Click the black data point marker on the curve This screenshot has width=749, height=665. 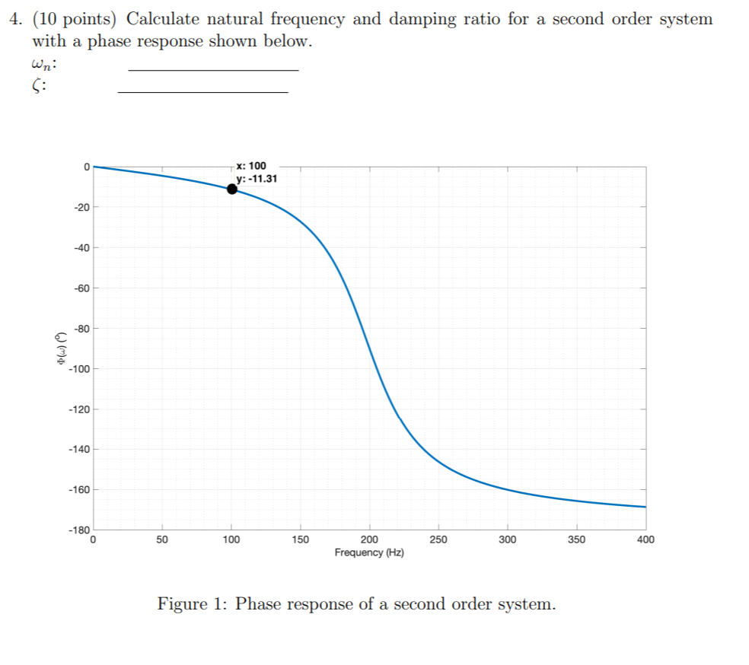click(231, 189)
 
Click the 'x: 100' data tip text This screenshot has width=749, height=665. click(251, 165)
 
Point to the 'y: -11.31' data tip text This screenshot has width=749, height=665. click(257, 179)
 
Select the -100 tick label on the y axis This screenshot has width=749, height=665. click(78, 369)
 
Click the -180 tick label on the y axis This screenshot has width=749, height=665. click(78, 529)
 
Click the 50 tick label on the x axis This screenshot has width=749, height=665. click(162, 540)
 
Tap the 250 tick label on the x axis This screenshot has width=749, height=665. click(438, 540)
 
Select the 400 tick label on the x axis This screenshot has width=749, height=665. click(645, 540)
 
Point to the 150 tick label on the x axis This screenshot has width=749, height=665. click(300, 540)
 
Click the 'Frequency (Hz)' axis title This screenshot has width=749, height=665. click(369, 552)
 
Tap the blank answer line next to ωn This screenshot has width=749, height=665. click(214, 70)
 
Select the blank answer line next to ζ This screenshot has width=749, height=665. click(203, 92)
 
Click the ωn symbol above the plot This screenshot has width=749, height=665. click(43, 65)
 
